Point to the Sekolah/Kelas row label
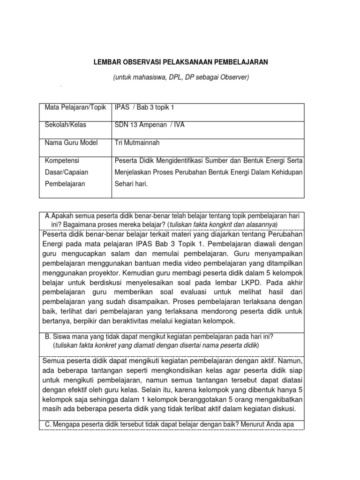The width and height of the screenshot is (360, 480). pyautogui.click(x=65, y=125)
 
